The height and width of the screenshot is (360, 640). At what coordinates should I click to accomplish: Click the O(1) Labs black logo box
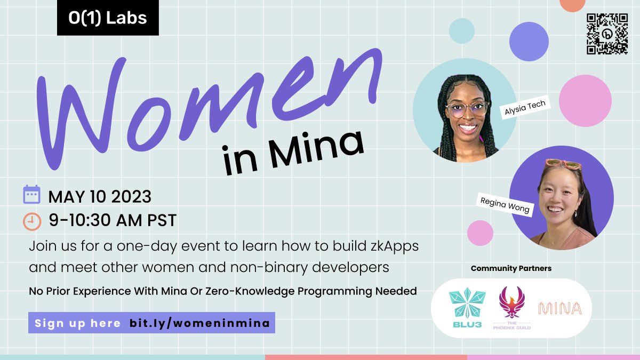[108, 18]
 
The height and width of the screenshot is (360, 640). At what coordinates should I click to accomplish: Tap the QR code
[607, 34]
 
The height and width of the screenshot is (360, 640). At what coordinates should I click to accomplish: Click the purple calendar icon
[31, 195]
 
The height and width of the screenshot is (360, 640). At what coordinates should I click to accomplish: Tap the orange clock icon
[32, 220]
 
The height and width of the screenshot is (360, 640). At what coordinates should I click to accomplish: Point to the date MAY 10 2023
[100, 197]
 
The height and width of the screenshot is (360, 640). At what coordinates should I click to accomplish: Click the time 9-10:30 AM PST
[112, 220]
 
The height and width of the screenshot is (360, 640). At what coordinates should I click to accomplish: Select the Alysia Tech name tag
[525, 107]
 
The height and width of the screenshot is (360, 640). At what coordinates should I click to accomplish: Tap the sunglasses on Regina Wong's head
[563, 164]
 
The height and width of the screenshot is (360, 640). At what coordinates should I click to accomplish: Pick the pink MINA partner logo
[559, 308]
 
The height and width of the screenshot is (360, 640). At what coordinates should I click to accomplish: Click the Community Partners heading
[511, 268]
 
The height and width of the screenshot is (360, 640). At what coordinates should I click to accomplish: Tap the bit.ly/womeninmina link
[199, 323]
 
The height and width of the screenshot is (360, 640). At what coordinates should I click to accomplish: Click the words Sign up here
[77, 323]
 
